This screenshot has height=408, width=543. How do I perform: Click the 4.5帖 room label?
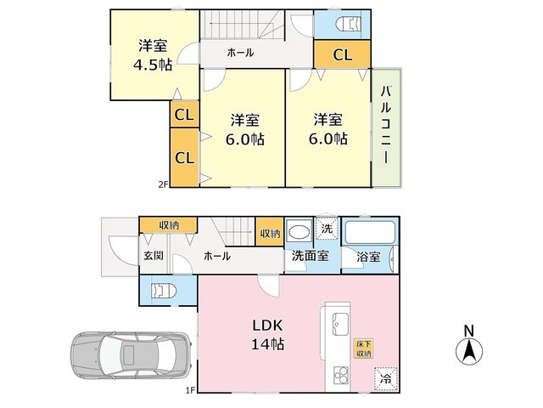tap(153, 54)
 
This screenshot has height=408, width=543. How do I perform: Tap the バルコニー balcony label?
tap(386, 125)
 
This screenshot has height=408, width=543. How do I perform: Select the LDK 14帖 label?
tap(267, 335)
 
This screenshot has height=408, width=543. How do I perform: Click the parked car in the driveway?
tap(131, 356)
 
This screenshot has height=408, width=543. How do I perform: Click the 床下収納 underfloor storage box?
tap(364, 349)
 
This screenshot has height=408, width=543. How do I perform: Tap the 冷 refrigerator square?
tap(385, 379)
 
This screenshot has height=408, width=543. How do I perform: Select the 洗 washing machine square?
tap(326, 228)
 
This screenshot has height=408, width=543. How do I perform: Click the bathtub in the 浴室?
tap(370, 232)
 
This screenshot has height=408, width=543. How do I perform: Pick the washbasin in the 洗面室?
tap(299, 232)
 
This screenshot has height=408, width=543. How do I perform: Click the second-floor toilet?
tap(349, 25)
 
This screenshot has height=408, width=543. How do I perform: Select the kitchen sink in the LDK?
tap(341, 324)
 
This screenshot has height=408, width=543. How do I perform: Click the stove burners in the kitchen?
tap(341, 376)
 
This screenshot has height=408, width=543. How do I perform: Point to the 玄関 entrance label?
tap(154, 256)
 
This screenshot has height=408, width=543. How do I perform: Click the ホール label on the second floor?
tap(240, 53)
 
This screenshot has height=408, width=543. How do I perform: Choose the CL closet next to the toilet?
tap(342, 54)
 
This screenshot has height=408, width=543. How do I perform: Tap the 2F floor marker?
tap(163, 184)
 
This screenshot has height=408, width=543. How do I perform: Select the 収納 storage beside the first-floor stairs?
tap(270, 232)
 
